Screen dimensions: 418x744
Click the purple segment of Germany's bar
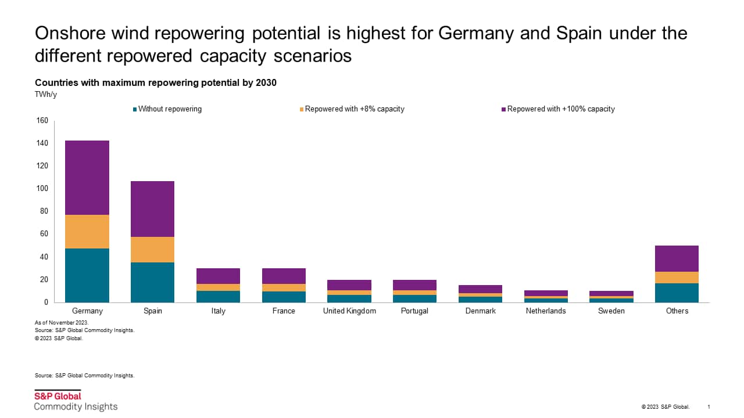[87, 178]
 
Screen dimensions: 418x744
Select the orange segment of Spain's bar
[153, 250]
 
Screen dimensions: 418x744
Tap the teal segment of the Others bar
[677, 293]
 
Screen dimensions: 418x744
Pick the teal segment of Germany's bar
[87, 275]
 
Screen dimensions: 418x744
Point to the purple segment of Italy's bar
[219, 276]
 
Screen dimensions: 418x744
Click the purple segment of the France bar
[284, 276]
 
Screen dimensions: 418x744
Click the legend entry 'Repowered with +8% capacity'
[354, 109]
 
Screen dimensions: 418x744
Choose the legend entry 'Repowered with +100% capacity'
[560, 109]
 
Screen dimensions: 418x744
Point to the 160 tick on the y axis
[42, 121]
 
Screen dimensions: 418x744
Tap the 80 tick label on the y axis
[44, 211]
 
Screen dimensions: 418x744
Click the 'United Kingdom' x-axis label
[349, 311]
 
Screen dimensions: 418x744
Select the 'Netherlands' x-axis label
[546, 311]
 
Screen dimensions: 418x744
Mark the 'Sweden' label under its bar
[611, 311]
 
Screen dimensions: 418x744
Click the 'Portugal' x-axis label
[415, 311]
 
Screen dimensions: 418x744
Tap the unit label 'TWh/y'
[45, 93]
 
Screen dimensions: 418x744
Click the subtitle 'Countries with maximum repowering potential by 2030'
[156, 83]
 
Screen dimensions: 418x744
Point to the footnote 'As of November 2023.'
[62, 322]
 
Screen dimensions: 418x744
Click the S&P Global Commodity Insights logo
[76, 401]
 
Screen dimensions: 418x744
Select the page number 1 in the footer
[709, 406]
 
